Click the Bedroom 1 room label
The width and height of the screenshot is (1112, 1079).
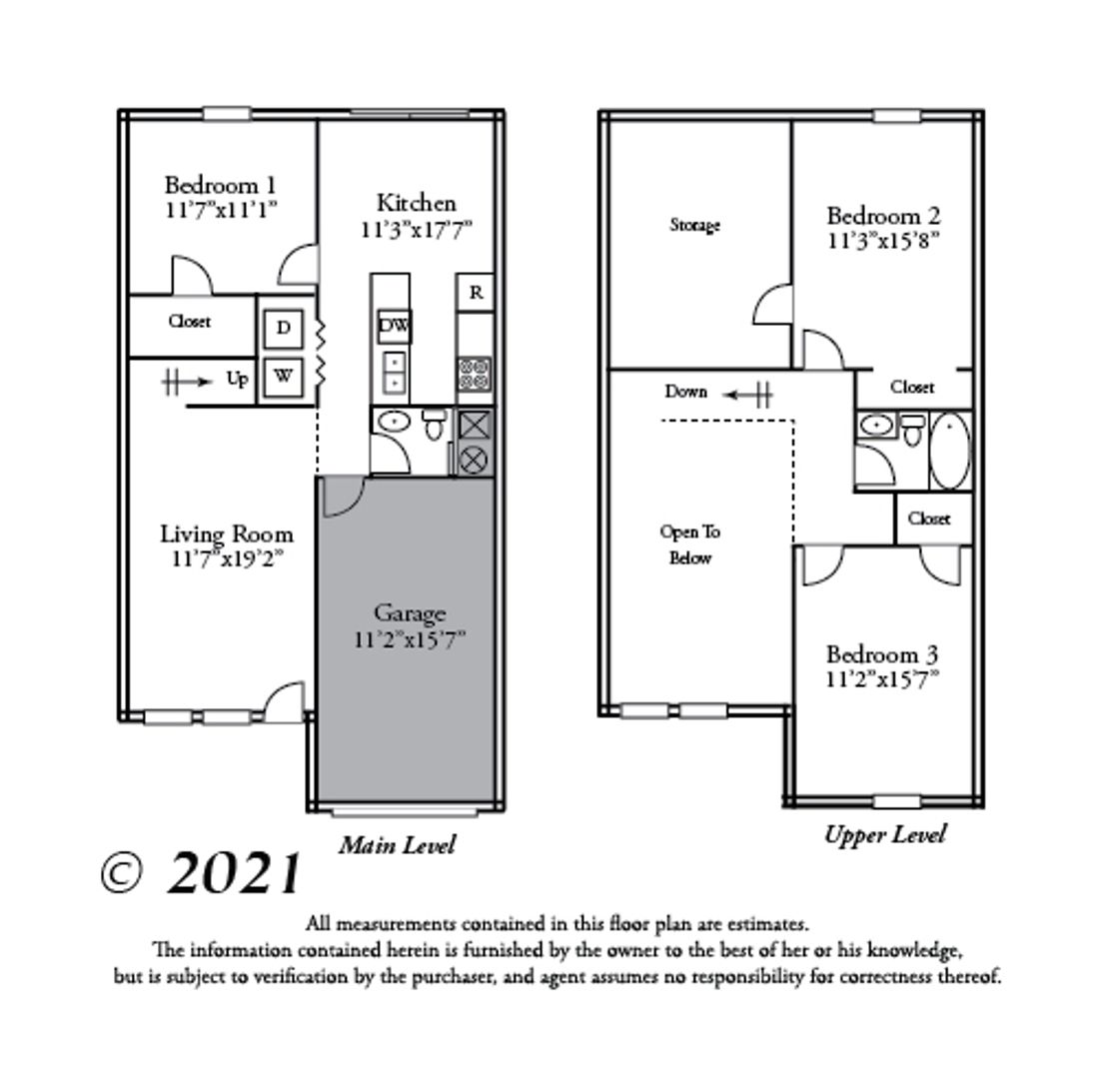pyautogui.click(x=220, y=186)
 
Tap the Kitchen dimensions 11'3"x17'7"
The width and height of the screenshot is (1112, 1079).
pyautogui.click(x=417, y=230)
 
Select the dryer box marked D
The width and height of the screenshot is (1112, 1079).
pyautogui.click(x=284, y=328)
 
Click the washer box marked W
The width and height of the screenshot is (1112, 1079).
pyautogui.click(x=283, y=377)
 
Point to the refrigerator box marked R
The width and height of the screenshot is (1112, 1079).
pyautogui.click(x=476, y=292)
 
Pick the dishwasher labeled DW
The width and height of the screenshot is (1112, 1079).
pyautogui.click(x=394, y=326)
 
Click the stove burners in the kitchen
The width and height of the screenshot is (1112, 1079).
pyautogui.click(x=475, y=374)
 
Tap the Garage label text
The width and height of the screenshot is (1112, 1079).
pyautogui.click(x=410, y=613)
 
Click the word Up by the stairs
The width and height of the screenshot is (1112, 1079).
pyautogui.click(x=237, y=380)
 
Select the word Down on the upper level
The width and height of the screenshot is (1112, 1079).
pyautogui.click(x=685, y=392)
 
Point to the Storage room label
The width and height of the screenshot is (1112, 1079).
pyautogui.click(x=695, y=226)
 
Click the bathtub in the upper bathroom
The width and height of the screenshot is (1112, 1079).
pyautogui.click(x=949, y=451)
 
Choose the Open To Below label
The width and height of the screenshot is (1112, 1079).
pyautogui.click(x=690, y=544)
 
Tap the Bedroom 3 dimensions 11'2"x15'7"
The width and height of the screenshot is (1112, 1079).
pyautogui.click(x=882, y=679)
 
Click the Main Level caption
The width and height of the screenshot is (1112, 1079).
pyautogui.click(x=398, y=845)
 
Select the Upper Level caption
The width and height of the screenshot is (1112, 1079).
pyautogui.click(x=885, y=834)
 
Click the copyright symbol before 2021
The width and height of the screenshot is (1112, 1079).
pyautogui.click(x=122, y=873)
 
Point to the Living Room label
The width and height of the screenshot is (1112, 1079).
pyautogui.click(x=226, y=534)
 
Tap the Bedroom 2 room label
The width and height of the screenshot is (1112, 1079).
pyautogui.click(x=883, y=216)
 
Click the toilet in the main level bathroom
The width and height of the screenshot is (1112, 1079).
pyautogui.click(x=432, y=425)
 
